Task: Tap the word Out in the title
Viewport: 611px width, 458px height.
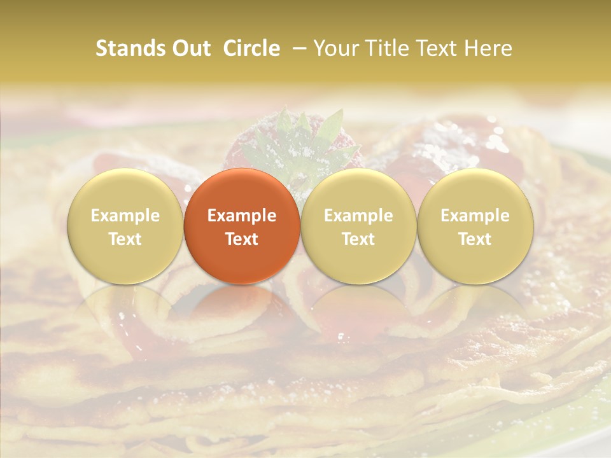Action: click(x=190, y=48)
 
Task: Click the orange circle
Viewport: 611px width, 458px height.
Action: click(x=242, y=226)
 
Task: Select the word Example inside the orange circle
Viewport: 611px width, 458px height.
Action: click(x=242, y=216)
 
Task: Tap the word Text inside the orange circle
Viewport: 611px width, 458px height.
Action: click(x=242, y=239)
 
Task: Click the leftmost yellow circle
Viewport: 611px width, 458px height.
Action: click(x=125, y=226)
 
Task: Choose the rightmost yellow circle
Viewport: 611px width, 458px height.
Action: click(x=475, y=226)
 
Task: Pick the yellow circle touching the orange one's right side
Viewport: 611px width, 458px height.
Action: click(x=358, y=226)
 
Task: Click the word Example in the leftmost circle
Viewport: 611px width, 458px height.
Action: click(x=125, y=216)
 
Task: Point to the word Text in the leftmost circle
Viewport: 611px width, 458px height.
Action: click(x=125, y=239)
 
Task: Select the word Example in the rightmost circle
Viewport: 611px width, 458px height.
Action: click(x=475, y=216)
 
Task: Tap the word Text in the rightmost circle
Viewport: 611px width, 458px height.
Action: click(x=475, y=239)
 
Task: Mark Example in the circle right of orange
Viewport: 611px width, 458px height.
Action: click(x=358, y=216)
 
